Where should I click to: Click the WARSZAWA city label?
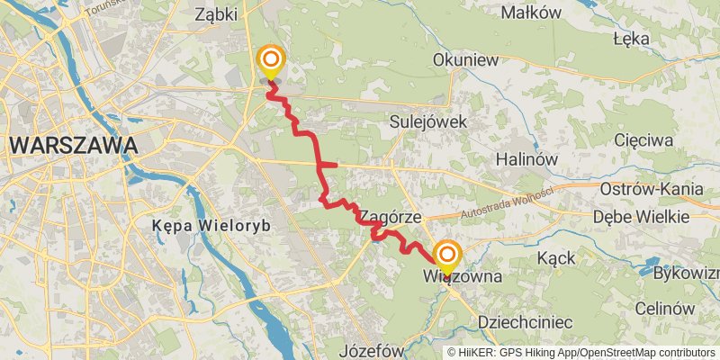point(74,144)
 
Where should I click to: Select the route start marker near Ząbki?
point(270,62)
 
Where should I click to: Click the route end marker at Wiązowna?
point(445,256)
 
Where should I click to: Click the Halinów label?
point(528,158)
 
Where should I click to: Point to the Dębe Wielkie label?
point(642,217)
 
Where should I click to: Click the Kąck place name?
point(556,258)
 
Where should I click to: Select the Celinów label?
point(665,308)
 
